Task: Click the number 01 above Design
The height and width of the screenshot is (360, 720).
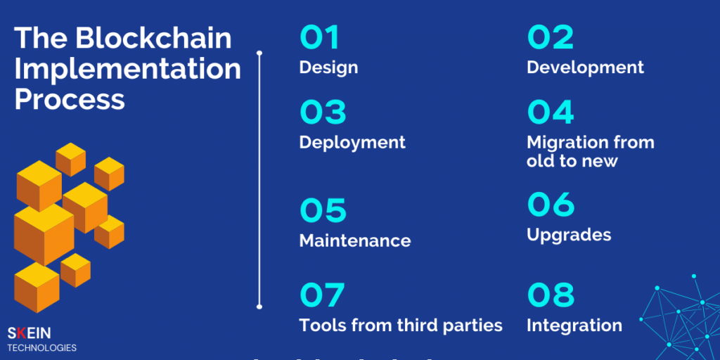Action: click(x=320, y=38)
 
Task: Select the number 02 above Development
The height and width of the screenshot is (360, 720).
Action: click(x=550, y=38)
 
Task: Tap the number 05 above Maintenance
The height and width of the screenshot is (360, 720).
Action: click(x=323, y=210)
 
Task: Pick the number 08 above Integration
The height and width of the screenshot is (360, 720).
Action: click(x=551, y=296)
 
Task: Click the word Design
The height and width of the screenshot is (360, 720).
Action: click(x=328, y=68)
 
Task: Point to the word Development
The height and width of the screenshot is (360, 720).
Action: click(x=585, y=68)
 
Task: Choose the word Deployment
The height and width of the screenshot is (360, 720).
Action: click(x=352, y=143)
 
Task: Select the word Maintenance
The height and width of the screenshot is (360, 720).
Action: click(x=355, y=240)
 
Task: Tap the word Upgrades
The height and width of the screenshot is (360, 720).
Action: click(x=569, y=235)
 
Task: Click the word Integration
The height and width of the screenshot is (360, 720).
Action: click(x=574, y=326)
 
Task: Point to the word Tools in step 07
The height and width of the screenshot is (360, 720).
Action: click(x=322, y=326)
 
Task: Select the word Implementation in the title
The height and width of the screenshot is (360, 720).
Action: click(x=127, y=69)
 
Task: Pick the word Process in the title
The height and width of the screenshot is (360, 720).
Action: click(x=70, y=99)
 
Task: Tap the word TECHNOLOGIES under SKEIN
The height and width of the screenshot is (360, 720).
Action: click(x=42, y=348)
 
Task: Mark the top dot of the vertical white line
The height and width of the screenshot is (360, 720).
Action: click(x=259, y=53)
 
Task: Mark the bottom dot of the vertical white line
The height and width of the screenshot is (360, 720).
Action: click(x=259, y=306)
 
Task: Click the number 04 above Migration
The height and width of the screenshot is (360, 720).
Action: click(x=551, y=112)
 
